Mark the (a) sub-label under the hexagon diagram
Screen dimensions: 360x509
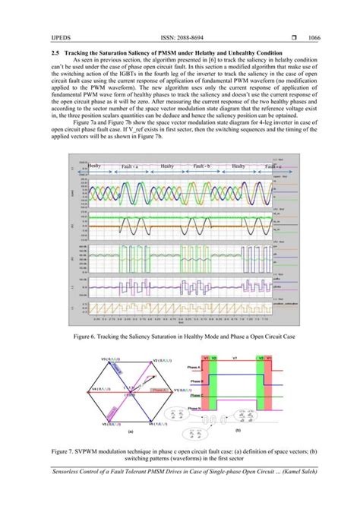click(x=130, y=430)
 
